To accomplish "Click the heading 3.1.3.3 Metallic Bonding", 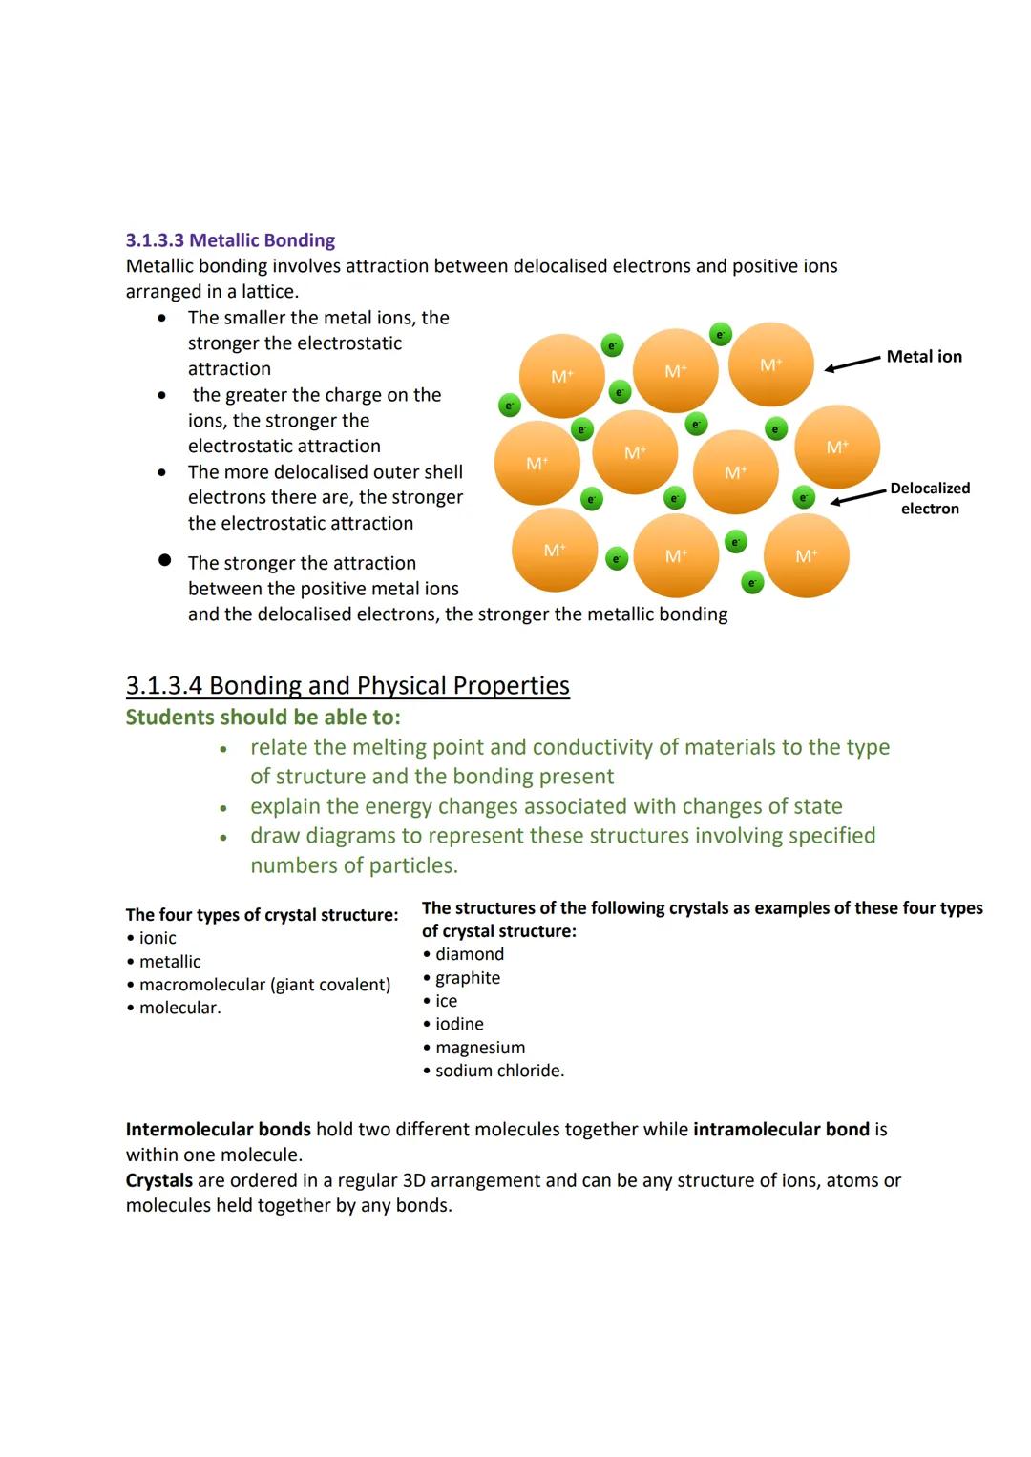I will click(x=230, y=240).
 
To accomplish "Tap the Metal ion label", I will click(x=923, y=357).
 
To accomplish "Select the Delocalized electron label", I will click(x=930, y=498).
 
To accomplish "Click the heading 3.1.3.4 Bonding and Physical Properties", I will click(x=347, y=686).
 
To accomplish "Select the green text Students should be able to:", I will click(x=263, y=718).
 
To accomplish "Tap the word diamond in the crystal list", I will click(x=469, y=954).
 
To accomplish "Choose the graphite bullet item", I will click(x=467, y=978).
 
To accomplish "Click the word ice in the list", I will click(x=446, y=1001).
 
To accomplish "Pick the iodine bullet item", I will click(x=459, y=1024).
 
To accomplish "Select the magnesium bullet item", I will click(x=479, y=1048).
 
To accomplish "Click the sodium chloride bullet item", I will click(x=499, y=1071).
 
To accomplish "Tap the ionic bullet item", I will click(x=158, y=938).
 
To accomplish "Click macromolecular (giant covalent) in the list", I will click(x=264, y=985).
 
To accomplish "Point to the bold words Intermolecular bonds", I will click(x=219, y=1130).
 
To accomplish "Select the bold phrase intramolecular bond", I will click(x=781, y=1130).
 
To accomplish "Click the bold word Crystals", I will click(x=158, y=1180).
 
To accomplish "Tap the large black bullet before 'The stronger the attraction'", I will click(x=164, y=560).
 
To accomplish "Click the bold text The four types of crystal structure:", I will click(x=262, y=915).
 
